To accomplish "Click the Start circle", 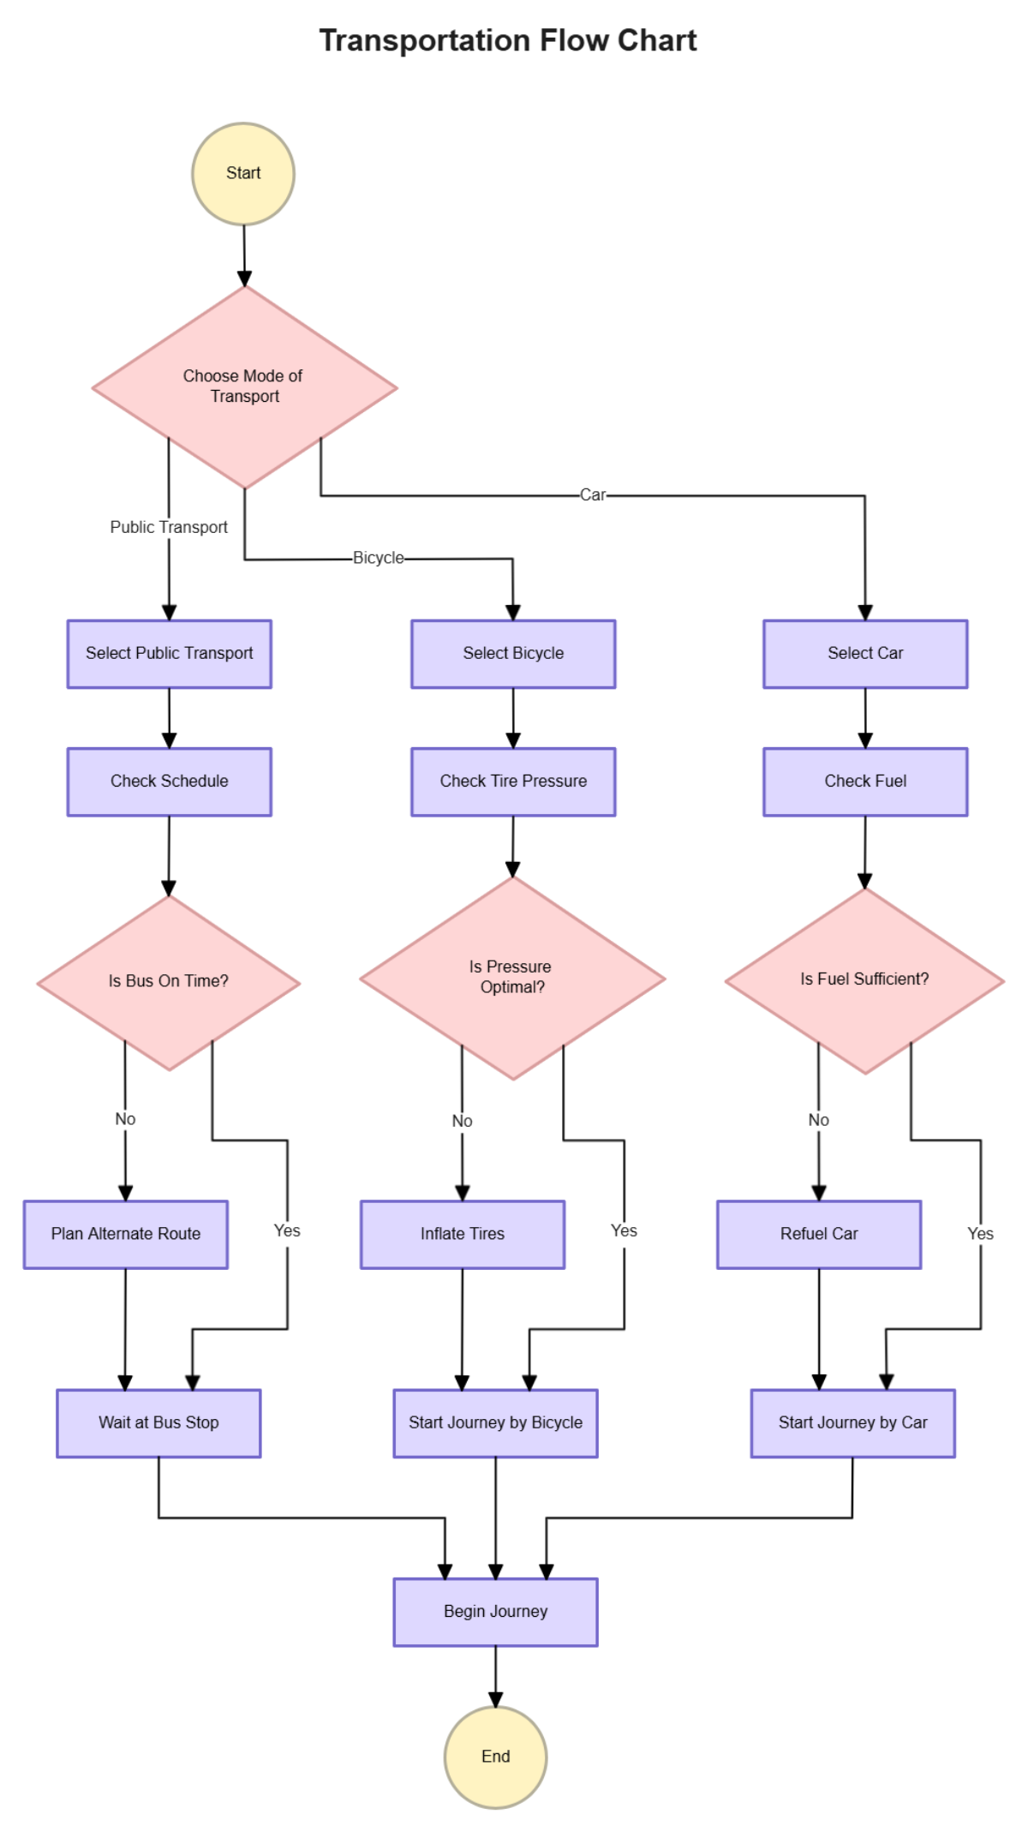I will pyautogui.click(x=243, y=174).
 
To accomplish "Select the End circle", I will pyautogui.click(x=495, y=1757).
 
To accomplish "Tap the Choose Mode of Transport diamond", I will pyautogui.click(x=244, y=386).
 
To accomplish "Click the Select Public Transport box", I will pyautogui.click(x=170, y=654).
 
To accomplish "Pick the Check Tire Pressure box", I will pyautogui.click(x=513, y=781).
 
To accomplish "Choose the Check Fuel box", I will pyautogui.click(x=865, y=781).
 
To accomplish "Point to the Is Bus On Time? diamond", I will pyautogui.click(x=169, y=982).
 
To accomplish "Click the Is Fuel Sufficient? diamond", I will pyautogui.click(x=864, y=980).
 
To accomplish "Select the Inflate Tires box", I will pyautogui.click(x=463, y=1234).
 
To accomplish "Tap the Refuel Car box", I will pyautogui.click(x=819, y=1234).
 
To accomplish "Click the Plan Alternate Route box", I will pyautogui.click(x=126, y=1234).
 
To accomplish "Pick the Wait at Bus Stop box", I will pyautogui.click(x=158, y=1423).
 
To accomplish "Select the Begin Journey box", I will pyautogui.click(x=495, y=1612).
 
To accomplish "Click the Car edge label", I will pyautogui.click(x=593, y=495).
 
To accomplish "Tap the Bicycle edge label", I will pyautogui.click(x=378, y=558).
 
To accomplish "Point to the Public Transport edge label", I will pyautogui.click(x=169, y=527).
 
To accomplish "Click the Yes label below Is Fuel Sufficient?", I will pyautogui.click(x=980, y=1234).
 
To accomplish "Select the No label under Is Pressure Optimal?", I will pyautogui.click(x=462, y=1121).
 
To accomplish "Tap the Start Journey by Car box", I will pyautogui.click(x=852, y=1423).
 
